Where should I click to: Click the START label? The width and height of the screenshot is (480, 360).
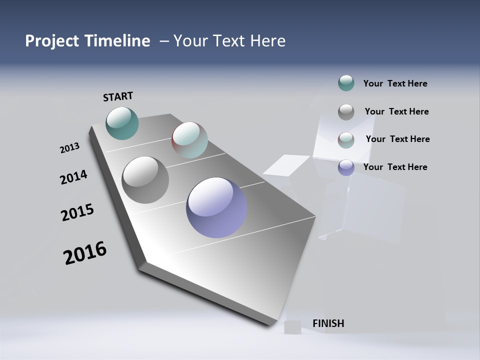(118, 96)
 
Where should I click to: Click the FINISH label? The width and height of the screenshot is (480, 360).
(328, 323)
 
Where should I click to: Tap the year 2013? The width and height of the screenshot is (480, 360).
(69, 148)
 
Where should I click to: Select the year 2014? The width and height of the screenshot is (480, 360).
(73, 177)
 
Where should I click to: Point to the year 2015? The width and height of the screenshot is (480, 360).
(77, 213)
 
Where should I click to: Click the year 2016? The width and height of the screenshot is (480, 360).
(85, 253)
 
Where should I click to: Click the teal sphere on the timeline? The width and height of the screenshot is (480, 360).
(122, 123)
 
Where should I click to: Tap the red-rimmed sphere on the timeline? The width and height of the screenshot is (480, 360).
(189, 139)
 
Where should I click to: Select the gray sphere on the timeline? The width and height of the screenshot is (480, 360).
(145, 180)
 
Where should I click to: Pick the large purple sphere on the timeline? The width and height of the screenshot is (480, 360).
(216, 207)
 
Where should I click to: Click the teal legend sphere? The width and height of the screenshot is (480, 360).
(346, 83)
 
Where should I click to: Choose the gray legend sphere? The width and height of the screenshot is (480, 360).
(346, 112)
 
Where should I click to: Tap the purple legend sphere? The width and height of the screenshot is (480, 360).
(346, 167)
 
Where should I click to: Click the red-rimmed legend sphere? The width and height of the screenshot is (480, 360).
(346, 140)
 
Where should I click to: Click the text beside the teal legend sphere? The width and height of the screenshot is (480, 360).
(395, 83)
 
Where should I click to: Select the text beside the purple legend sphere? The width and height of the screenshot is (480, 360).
(395, 167)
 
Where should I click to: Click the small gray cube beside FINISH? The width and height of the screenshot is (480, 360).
(292, 326)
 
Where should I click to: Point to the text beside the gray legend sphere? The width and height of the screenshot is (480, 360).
(396, 111)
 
